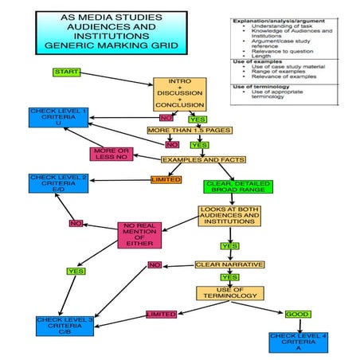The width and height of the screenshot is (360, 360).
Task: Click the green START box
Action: [x=66, y=72]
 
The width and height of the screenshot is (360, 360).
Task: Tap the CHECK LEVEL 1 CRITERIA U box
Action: [x=58, y=117]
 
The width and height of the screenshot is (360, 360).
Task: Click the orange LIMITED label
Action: [x=166, y=179]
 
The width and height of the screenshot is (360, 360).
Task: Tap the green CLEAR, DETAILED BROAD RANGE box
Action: [x=229, y=187]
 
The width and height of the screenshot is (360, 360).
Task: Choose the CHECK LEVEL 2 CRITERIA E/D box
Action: [x=57, y=182]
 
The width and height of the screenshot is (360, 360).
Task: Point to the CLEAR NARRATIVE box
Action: [x=229, y=264]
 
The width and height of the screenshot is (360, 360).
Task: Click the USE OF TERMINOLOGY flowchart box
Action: [x=229, y=294]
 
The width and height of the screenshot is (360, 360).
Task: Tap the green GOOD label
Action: [x=297, y=314]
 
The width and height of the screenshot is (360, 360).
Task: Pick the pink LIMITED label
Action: [x=161, y=315]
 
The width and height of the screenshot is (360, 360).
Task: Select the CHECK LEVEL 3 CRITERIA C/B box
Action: [x=65, y=327]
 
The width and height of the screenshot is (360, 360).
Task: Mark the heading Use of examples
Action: [x=254, y=61]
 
